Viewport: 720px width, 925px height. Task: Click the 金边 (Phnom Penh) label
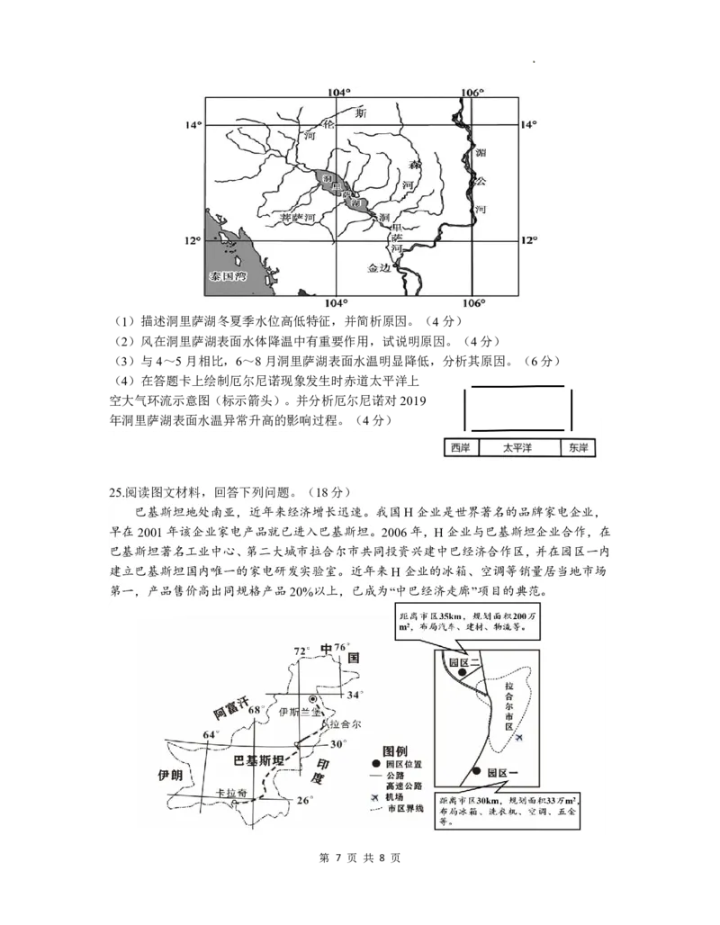pos(381,268)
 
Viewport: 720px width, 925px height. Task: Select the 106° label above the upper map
pos(472,94)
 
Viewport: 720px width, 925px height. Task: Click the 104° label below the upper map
pos(337,303)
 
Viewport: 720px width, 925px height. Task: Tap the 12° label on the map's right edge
pos(527,240)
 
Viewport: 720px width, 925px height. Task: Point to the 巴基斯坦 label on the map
pos(258,760)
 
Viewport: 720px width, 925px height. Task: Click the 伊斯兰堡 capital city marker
pos(313,698)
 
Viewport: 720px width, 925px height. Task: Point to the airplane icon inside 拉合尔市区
pos(520,739)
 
